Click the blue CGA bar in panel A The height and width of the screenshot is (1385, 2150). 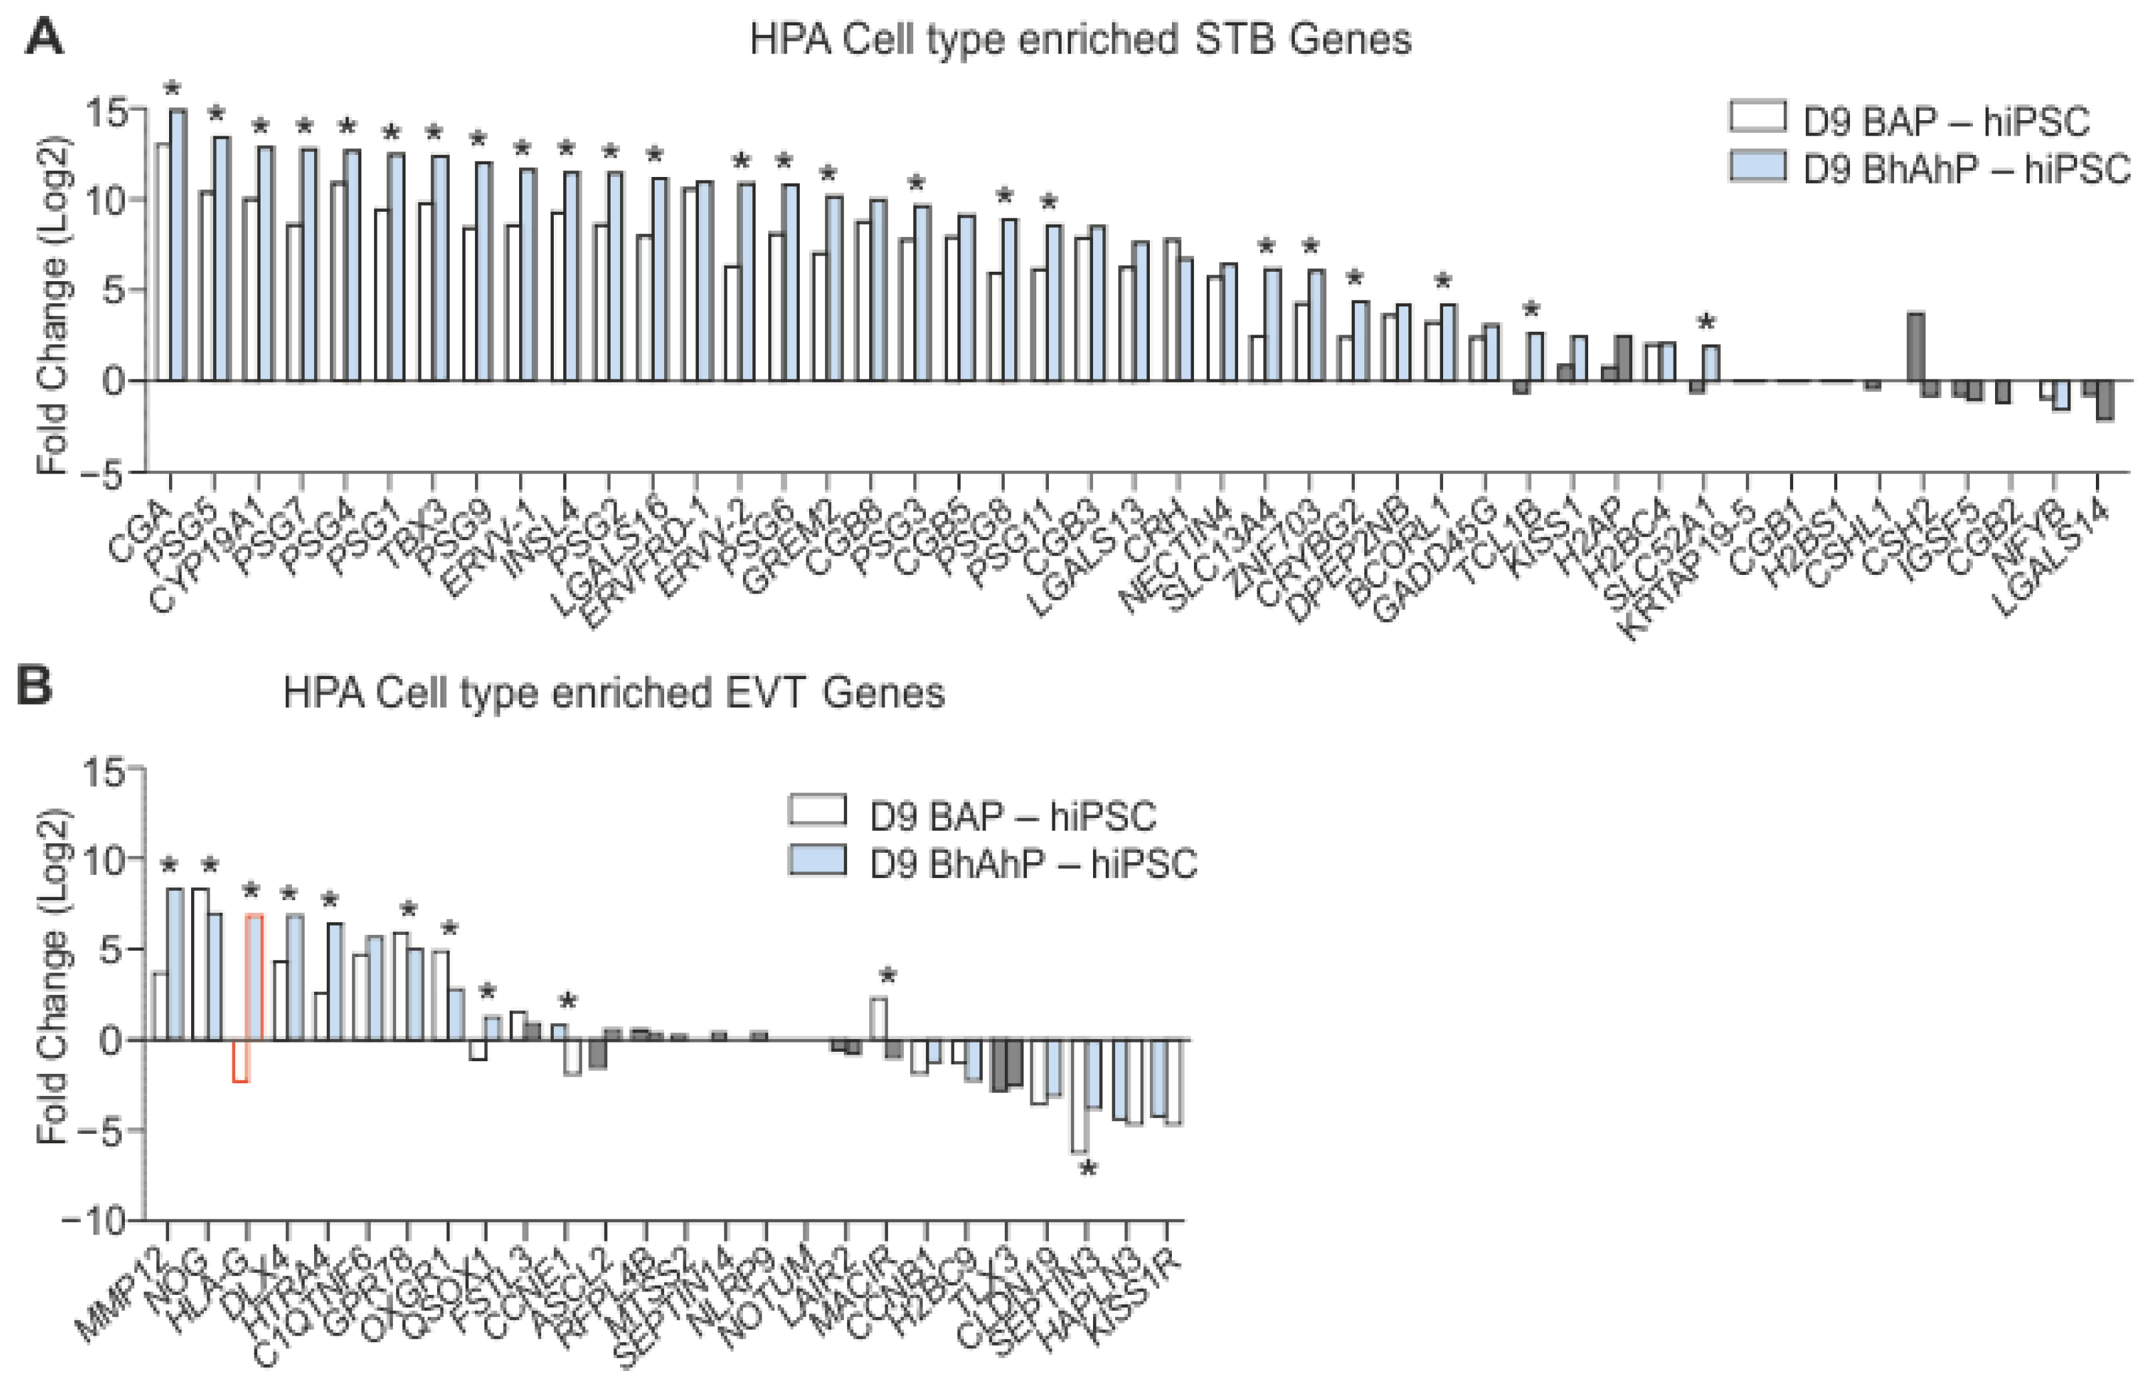(178, 243)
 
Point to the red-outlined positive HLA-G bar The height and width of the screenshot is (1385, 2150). (255, 976)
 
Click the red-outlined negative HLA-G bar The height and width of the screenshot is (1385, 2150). (241, 1060)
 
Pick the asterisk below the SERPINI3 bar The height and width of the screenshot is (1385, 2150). (1088, 1169)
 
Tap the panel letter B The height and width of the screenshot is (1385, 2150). (34, 687)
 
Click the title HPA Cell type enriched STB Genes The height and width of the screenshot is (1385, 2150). (1080, 39)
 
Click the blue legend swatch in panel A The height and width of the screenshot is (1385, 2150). (1757, 167)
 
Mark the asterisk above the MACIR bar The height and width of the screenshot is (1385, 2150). (888, 976)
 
